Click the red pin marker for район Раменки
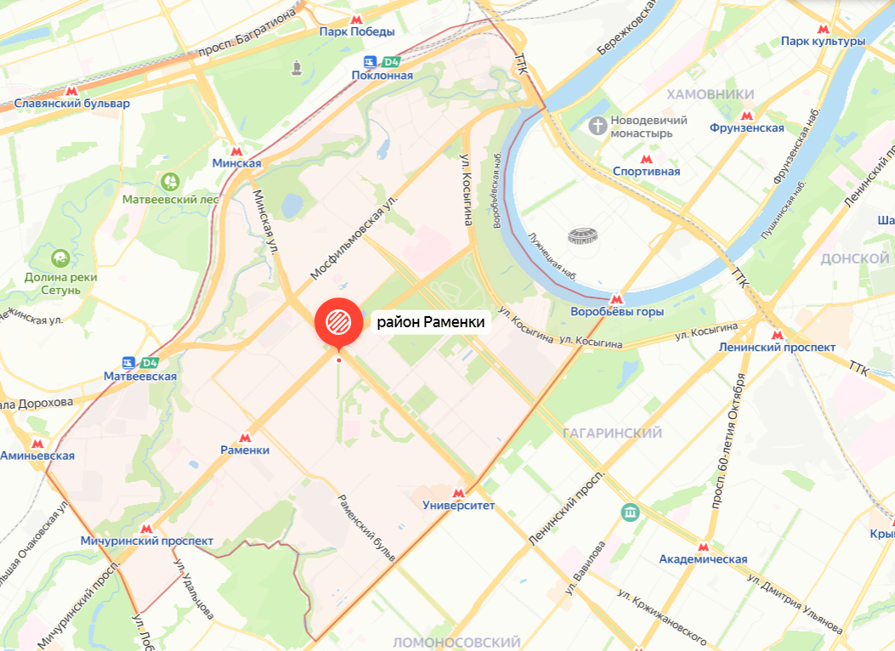click(x=337, y=320)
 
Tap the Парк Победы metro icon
click(x=357, y=19)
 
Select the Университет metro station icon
click(x=459, y=492)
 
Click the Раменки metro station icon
click(x=245, y=436)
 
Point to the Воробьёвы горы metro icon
click(x=616, y=299)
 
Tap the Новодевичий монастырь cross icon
click(x=598, y=126)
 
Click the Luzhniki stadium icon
click(x=584, y=235)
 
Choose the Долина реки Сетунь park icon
click(x=59, y=258)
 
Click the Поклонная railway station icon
click(x=370, y=61)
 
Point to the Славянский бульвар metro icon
click(x=72, y=90)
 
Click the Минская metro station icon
click(x=237, y=150)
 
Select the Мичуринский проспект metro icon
click(x=146, y=528)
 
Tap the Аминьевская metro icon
click(x=37, y=442)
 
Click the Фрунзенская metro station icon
click(x=747, y=116)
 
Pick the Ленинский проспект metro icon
click(x=777, y=334)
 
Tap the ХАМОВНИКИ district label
click(x=711, y=93)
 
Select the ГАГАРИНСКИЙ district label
click(x=612, y=433)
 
